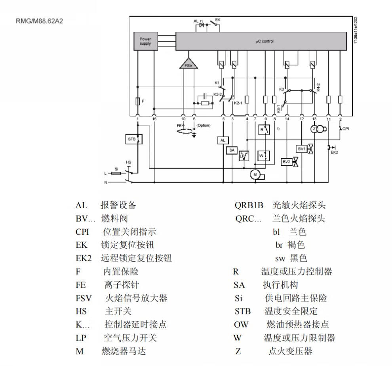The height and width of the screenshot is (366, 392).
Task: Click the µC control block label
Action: (x=264, y=41)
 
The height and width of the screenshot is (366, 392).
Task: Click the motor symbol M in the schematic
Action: (x=255, y=174)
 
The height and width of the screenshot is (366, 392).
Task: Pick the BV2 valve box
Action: (x=286, y=162)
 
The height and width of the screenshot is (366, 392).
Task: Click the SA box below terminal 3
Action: (x=232, y=150)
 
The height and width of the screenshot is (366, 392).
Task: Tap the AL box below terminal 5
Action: (x=222, y=140)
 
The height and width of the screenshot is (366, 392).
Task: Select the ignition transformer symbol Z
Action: (x=314, y=129)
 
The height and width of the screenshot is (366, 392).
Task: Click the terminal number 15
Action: (x=154, y=119)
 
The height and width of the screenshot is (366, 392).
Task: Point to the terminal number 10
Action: (x=183, y=119)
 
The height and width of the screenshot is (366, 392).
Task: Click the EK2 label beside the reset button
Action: (x=334, y=152)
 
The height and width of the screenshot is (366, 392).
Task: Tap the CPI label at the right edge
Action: (x=345, y=128)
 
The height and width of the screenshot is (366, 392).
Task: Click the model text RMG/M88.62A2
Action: (x=39, y=21)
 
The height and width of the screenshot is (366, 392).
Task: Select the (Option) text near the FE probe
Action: (x=204, y=125)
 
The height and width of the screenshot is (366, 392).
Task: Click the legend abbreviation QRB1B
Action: (x=249, y=206)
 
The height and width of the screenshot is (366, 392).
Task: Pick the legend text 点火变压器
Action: (x=290, y=351)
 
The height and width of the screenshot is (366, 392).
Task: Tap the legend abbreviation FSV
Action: (x=84, y=298)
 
